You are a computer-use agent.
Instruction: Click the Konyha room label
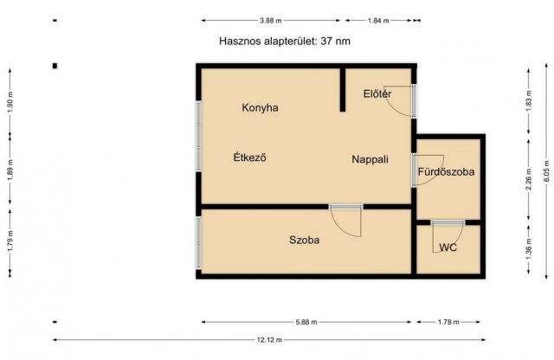coord(260,108)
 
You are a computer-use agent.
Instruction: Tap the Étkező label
coord(249,158)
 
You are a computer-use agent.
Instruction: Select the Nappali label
coord(370,159)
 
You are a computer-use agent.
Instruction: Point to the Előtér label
coord(377,93)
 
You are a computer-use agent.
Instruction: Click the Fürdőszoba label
coord(446,172)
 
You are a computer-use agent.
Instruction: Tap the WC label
coord(448,247)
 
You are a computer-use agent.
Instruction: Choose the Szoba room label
coord(304,241)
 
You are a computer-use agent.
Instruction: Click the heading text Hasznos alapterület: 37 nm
coord(286,41)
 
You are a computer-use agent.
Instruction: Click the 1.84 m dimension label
coord(379,19)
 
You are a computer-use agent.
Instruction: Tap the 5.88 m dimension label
coord(306,322)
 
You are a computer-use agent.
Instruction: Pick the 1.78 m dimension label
coord(447,322)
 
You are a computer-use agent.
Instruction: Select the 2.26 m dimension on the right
coord(528,184)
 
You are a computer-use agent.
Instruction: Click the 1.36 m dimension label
coord(528,251)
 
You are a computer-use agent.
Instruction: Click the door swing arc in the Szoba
coord(349,223)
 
